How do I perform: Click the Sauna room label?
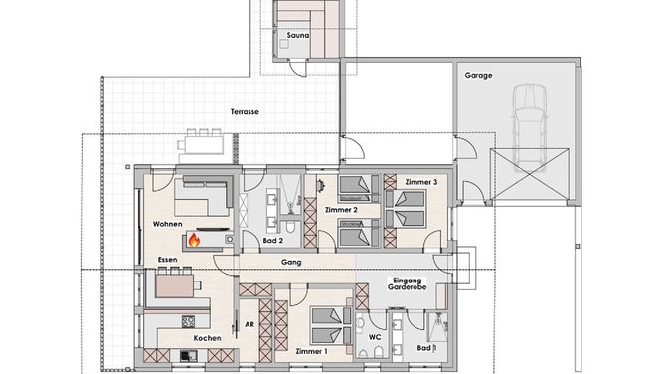pos(297,35)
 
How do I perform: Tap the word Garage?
pos(478,75)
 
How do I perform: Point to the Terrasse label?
pos(245,112)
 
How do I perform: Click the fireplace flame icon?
pos(194,240)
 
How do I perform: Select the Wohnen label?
pos(168,224)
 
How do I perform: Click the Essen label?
pos(168,260)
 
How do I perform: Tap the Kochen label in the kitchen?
pos(207,338)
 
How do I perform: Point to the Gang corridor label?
pos(291,263)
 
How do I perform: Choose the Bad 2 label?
pos(273,241)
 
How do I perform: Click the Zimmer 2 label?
pos(341,210)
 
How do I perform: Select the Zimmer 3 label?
pos(421,182)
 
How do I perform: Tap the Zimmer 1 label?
pos(312,351)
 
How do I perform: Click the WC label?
pos(375,337)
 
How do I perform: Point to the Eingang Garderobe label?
pos(407,283)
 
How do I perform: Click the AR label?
pos(249,325)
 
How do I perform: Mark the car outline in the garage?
pos(530,127)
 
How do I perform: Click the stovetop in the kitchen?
pos(189,322)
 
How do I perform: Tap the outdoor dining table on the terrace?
pos(202,145)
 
